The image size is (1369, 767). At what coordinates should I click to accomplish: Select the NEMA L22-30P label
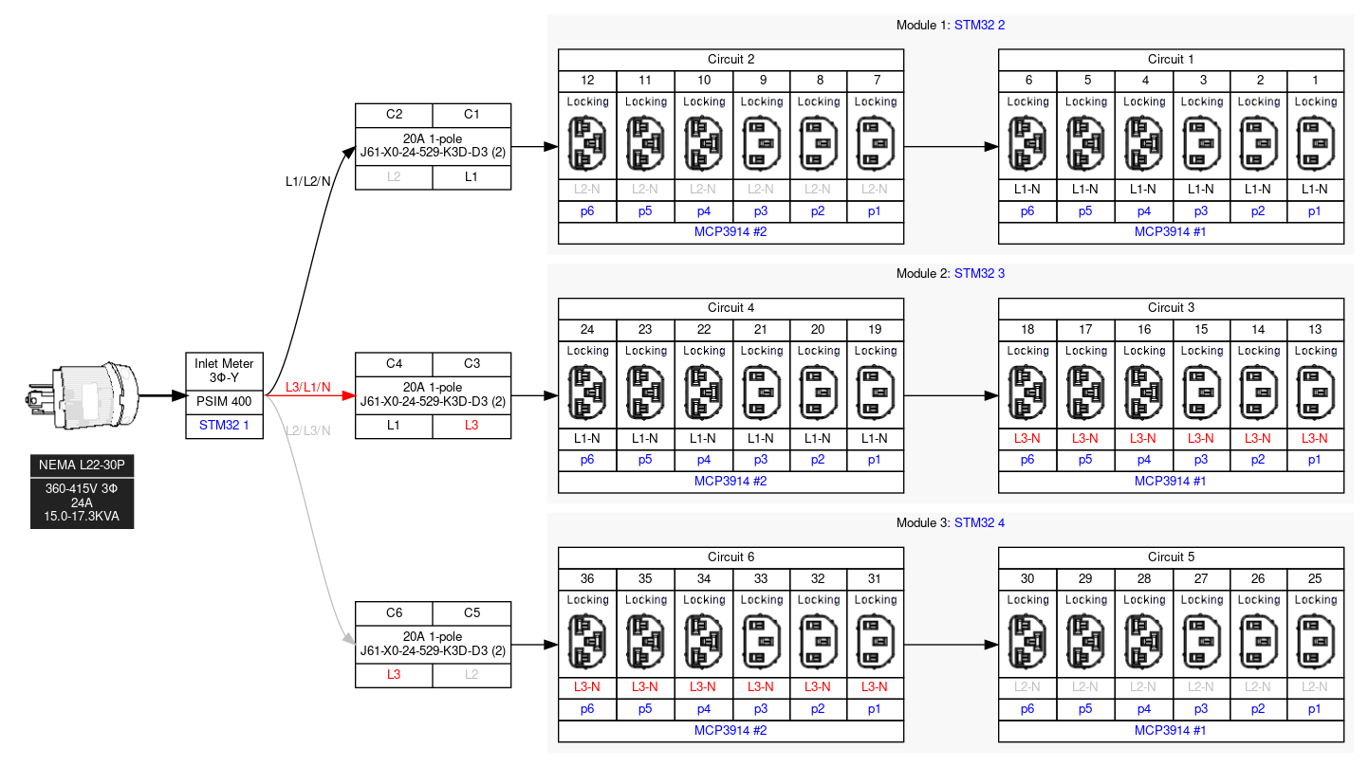click(82, 466)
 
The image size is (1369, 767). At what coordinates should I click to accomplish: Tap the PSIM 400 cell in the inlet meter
click(224, 402)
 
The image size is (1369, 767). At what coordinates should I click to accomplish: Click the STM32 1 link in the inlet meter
click(224, 425)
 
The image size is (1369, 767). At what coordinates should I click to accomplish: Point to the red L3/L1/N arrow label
click(308, 387)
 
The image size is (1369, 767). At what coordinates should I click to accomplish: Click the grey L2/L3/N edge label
click(307, 430)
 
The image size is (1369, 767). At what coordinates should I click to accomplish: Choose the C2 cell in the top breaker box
click(394, 115)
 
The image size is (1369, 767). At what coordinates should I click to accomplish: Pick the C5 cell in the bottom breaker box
click(472, 612)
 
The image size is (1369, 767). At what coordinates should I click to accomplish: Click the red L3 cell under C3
click(472, 426)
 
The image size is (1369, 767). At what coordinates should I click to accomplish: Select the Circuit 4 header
click(731, 308)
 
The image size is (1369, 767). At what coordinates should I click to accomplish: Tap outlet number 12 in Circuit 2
click(587, 81)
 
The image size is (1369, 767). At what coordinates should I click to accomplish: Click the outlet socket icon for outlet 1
click(1315, 142)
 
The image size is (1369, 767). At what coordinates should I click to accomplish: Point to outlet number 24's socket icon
click(587, 392)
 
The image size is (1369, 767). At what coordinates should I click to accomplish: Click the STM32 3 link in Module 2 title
click(979, 274)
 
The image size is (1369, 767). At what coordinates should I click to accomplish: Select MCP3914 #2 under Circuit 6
click(731, 730)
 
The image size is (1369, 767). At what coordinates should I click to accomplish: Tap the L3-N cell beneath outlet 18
click(1027, 439)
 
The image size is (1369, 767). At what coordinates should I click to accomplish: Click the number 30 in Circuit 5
click(1027, 578)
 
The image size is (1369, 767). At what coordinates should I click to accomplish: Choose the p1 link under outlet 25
click(1315, 708)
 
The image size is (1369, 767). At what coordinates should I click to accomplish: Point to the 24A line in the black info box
click(82, 503)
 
